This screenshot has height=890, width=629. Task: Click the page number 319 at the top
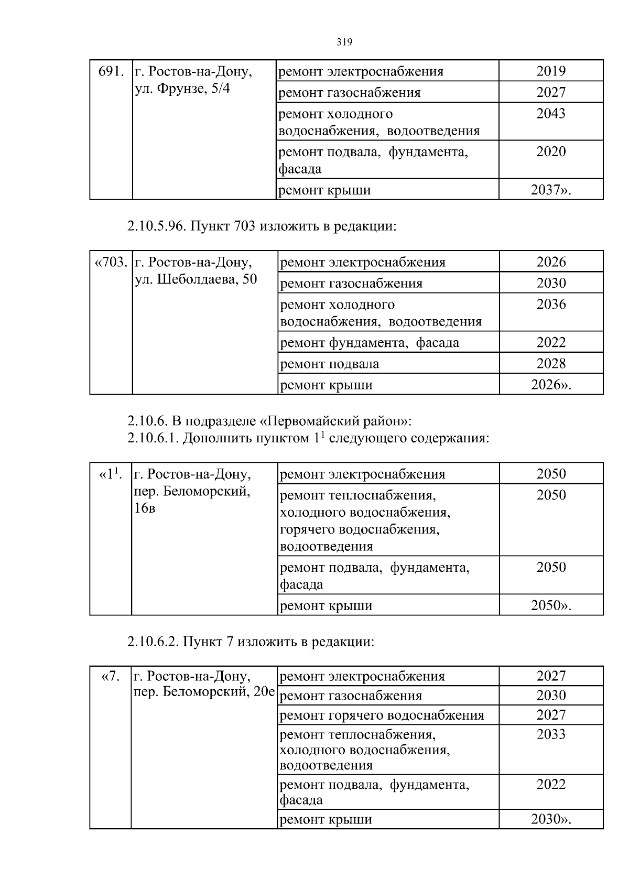tap(344, 42)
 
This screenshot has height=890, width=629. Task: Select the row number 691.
tap(111, 71)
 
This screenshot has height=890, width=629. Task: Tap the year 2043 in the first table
tap(551, 114)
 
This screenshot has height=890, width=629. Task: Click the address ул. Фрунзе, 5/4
tap(182, 89)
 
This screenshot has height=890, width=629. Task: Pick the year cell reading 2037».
tap(551, 190)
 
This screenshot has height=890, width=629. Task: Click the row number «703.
tap(111, 262)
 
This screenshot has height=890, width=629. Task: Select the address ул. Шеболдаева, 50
tap(196, 279)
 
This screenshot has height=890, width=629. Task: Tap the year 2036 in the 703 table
tap(551, 305)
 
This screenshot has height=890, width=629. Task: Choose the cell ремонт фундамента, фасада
tap(370, 343)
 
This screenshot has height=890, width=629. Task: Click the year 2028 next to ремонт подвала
tap(551, 364)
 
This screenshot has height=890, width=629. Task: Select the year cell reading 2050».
tap(551, 605)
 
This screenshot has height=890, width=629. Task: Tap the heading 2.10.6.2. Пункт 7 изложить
tap(251, 642)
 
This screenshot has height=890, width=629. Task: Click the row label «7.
tap(110, 676)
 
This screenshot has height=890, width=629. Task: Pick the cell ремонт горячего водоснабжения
tap(382, 715)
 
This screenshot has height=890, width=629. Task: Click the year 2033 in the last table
tap(551, 734)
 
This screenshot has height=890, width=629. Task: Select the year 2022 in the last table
tap(551, 785)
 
